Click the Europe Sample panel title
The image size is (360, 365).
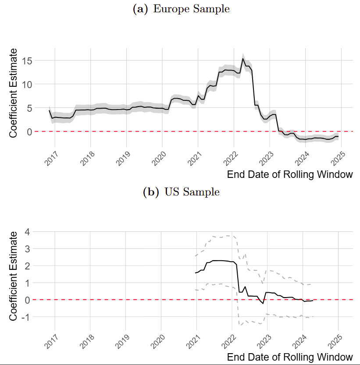tap(181, 9)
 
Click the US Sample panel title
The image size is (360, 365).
tap(181, 192)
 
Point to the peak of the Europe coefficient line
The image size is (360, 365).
tap(243, 59)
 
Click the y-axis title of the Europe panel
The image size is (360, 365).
tap(14, 93)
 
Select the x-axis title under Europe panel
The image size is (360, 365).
tap(289, 175)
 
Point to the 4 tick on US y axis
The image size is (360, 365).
tap(27, 231)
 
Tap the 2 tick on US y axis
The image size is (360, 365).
tap(27, 266)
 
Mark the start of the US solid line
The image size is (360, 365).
tap(195, 273)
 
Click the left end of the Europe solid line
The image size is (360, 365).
tap(49, 110)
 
